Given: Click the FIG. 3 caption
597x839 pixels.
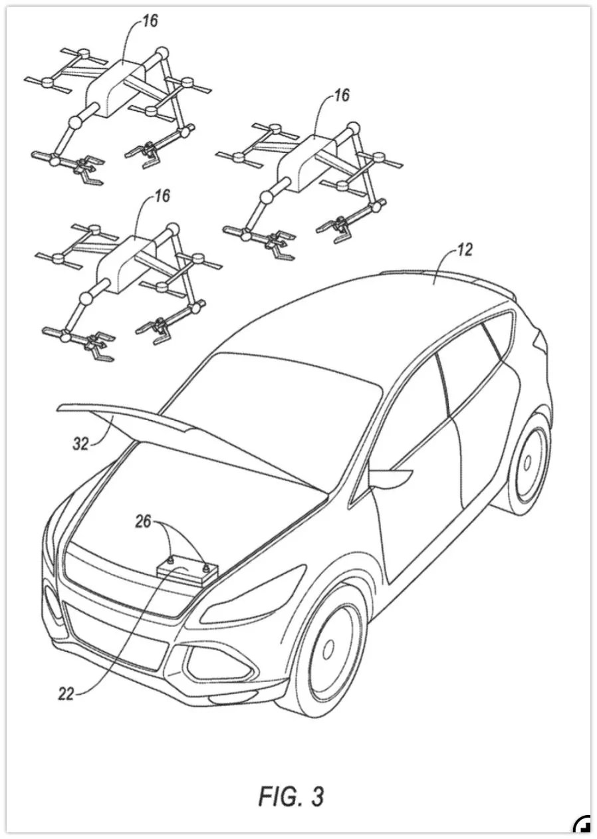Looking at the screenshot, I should [x=291, y=795].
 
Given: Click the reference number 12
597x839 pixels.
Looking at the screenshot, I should [x=465, y=251].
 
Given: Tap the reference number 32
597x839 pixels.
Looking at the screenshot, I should [x=80, y=444].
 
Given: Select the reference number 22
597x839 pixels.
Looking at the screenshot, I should [x=66, y=693].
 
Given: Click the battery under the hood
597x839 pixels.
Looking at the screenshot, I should [x=188, y=572].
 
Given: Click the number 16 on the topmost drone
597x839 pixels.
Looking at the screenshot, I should [x=150, y=21].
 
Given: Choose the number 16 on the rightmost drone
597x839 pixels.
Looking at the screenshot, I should [x=341, y=96].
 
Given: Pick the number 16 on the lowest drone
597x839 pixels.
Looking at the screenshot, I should [x=162, y=195].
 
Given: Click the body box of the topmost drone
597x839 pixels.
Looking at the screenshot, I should [x=117, y=87].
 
